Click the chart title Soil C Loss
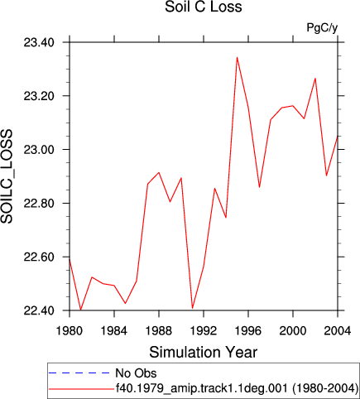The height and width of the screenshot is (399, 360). tap(204, 7)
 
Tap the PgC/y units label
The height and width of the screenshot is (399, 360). tap(322, 27)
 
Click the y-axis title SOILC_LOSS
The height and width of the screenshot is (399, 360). tap(7, 176)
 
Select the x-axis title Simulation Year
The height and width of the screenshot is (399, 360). tap(204, 352)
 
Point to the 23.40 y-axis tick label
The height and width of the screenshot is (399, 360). tap(39, 42)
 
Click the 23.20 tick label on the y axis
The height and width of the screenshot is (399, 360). tap(39, 96)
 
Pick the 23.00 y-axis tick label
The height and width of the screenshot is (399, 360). tap(39, 150)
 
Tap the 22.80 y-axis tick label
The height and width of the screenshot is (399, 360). tap(39, 204)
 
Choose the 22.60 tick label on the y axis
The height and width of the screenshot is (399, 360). tap(39, 257)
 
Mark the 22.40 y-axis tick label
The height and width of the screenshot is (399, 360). tap(39, 310)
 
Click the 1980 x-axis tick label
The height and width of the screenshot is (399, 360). tap(70, 330)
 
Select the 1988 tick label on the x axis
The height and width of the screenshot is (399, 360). tap(159, 330)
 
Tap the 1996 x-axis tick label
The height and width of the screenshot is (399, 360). tap(248, 330)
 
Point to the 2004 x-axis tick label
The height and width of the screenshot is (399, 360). tap(338, 330)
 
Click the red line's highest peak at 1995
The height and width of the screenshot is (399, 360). tap(237, 57)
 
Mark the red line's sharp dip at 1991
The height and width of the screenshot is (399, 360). tap(192, 308)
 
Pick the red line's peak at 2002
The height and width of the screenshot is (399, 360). tap(315, 79)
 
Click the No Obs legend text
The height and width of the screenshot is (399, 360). tap(136, 373)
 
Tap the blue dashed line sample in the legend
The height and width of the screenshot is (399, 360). tap(79, 373)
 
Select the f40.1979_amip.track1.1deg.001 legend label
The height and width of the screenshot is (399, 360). tap(202, 388)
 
